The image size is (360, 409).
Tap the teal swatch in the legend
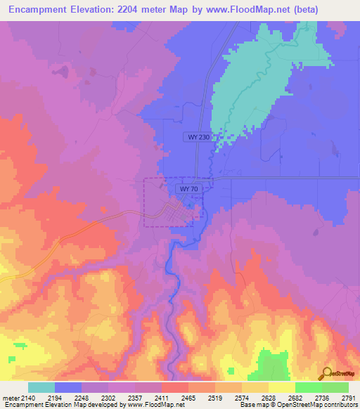(x=41, y=387)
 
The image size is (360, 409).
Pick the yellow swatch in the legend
(x=281, y=387)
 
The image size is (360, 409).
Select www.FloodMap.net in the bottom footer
(x=151, y=405)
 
